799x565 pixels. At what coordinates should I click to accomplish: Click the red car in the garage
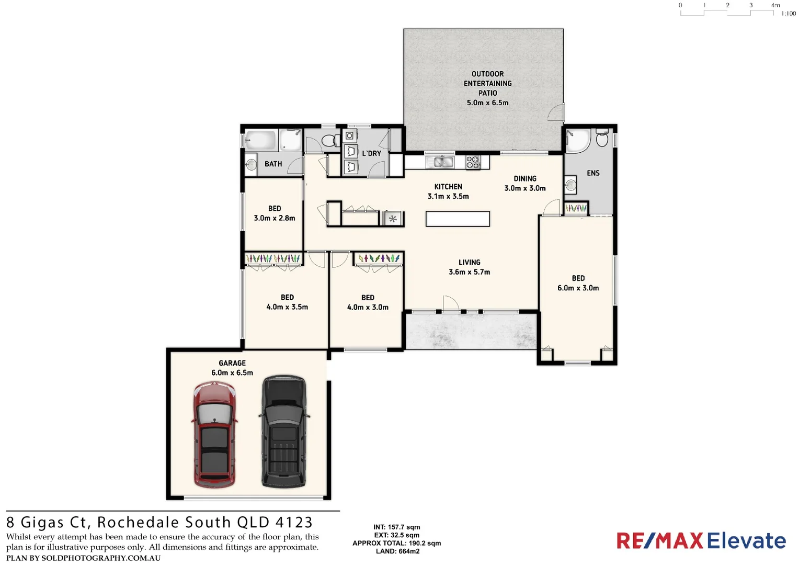(x=214, y=434)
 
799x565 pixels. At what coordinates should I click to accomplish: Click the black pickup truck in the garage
(x=283, y=431)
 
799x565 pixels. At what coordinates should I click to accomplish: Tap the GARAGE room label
(x=232, y=363)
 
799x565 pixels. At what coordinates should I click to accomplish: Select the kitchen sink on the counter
(x=440, y=162)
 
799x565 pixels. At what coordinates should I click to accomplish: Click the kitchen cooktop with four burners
(x=473, y=162)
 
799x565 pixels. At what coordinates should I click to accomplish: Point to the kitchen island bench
(x=458, y=219)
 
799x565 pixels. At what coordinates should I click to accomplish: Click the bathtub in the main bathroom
(x=260, y=140)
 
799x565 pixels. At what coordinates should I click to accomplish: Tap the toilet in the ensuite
(x=602, y=138)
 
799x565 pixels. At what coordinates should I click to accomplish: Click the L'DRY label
(x=372, y=153)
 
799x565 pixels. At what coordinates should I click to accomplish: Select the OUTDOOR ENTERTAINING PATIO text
(x=487, y=84)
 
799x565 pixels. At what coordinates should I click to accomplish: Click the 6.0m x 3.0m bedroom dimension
(x=578, y=288)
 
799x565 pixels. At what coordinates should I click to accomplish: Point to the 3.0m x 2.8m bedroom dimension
(x=275, y=218)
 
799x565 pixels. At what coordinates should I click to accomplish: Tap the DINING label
(x=525, y=178)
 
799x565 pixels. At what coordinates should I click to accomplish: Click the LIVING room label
(x=469, y=262)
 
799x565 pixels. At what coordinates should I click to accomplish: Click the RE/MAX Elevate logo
(x=701, y=540)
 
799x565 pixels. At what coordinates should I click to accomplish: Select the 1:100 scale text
(x=789, y=14)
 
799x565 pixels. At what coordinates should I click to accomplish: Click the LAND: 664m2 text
(x=397, y=551)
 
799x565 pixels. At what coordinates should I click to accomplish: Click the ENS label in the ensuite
(x=593, y=173)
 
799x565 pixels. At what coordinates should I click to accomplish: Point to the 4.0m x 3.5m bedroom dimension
(x=287, y=307)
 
